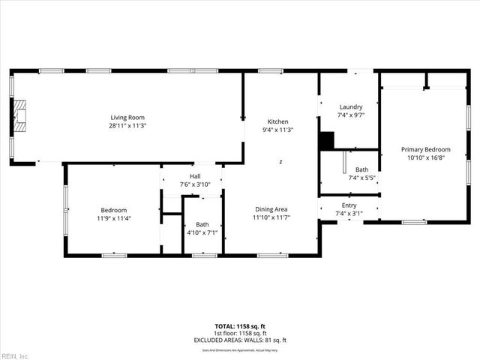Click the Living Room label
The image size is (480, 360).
[127, 117]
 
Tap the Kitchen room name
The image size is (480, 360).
[278, 121]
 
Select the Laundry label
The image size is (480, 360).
[350, 106]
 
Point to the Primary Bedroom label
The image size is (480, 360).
[425, 150]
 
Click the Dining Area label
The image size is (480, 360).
[271, 209]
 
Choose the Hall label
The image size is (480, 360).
[195, 176]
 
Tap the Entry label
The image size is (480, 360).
[349, 205]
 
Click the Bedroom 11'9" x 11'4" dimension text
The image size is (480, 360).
[114, 218]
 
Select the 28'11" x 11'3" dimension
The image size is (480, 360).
[127, 125]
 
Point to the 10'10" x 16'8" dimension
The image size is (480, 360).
[425, 158]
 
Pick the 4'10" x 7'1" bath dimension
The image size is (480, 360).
[202, 232]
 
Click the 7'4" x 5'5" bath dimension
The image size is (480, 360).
[361, 178]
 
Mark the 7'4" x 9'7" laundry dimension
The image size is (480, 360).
[350, 115]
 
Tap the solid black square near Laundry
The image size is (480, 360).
[326, 140]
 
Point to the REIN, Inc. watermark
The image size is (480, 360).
[14, 355]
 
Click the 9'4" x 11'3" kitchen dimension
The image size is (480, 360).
[278, 130]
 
